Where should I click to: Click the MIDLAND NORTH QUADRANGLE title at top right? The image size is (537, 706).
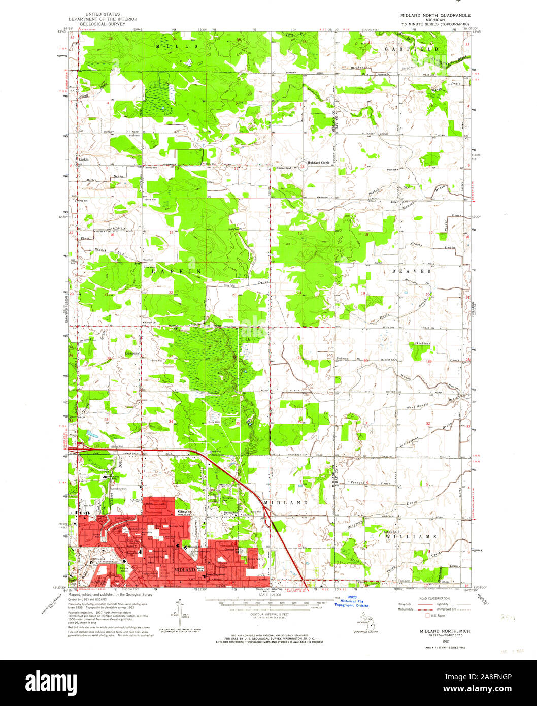(x=429, y=15)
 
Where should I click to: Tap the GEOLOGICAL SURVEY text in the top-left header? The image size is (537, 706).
(x=103, y=24)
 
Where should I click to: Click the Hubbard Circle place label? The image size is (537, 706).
(x=319, y=163)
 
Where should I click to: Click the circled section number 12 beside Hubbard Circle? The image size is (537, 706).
(x=303, y=166)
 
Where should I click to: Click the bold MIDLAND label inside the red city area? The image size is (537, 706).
(x=184, y=570)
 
